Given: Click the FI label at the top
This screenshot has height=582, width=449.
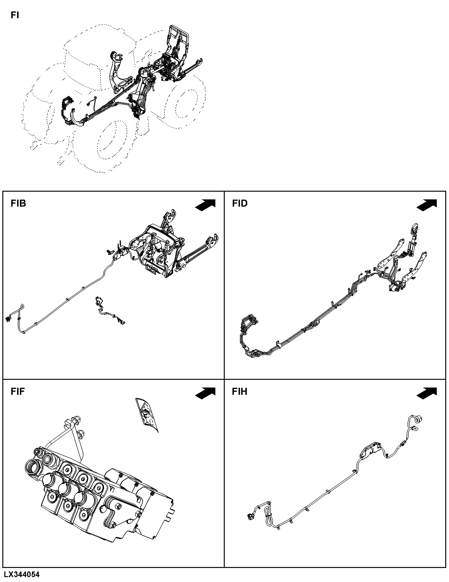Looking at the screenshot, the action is pos(15,15).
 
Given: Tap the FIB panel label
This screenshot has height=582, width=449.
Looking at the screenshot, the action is pos(18,203).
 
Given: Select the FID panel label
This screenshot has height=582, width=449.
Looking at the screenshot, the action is pos(240,203).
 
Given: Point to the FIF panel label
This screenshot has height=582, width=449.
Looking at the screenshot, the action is pos(18,392).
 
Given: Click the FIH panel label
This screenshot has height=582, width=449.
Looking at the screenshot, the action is pos(239,392).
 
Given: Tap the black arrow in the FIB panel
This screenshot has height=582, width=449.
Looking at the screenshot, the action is pos(205,205).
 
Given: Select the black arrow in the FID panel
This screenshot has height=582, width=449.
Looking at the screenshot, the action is pos(427,205).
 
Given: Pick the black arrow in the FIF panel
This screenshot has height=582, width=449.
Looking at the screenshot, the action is pos(205,393).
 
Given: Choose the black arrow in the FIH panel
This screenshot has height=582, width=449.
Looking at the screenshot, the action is pos(427,393).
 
